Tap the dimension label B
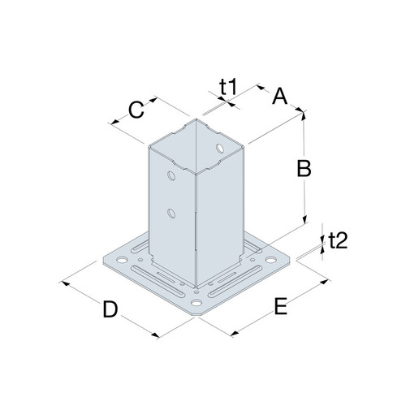click(304, 168)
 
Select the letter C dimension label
click(136, 110)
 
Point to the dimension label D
click(110, 309)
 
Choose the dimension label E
click(281, 306)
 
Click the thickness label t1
click(228, 87)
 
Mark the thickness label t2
click(338, 240)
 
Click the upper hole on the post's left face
click(171, 176)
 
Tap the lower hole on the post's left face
click(171, 214)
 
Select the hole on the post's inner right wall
click(220, 148)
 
